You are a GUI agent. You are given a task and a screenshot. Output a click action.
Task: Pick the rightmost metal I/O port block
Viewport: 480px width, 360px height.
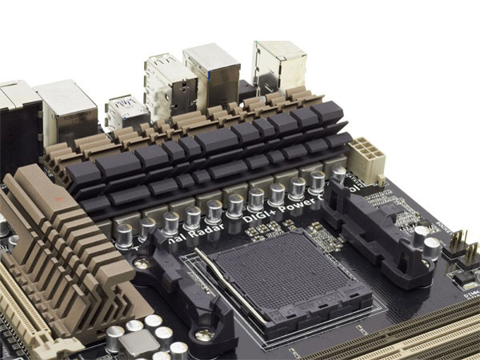pos(278,64)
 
